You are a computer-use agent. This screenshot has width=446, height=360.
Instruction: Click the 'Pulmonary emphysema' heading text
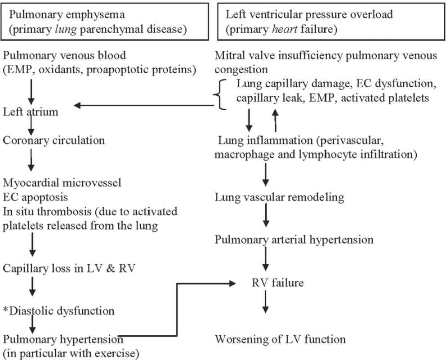pos(67,15)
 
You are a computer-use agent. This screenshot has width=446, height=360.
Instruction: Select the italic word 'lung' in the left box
pos(66,30)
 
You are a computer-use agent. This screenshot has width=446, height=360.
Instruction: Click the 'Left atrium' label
pos(31,112)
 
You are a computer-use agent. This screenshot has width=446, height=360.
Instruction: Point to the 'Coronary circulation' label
pos(54,141)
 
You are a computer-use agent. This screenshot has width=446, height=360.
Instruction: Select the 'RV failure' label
pos(277,283)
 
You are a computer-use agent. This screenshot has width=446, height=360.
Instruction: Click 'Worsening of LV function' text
pos(280,339)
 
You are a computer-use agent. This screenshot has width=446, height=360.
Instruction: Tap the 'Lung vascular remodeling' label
pos(279,197)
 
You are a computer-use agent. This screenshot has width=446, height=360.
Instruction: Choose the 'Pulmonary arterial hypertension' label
pos(294,240)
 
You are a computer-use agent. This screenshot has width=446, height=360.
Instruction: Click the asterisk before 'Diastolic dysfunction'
pos(5,309)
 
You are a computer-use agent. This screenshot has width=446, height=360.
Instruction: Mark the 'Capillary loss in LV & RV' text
pos(69,268)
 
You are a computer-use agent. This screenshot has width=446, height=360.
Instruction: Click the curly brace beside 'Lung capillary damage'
pos(220,94)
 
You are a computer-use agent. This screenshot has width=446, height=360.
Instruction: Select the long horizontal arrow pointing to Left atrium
pos(143,106)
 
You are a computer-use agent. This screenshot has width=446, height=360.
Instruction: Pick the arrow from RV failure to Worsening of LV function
pos(265,302)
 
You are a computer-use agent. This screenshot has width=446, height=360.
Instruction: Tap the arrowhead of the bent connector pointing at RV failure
pos(233,283)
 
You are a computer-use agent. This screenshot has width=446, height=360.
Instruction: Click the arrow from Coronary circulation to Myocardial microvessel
pos(31,160)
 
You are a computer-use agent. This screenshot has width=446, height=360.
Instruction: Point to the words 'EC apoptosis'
pos(35,197)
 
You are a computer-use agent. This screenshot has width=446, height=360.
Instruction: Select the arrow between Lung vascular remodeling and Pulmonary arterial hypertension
pos(266,216)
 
